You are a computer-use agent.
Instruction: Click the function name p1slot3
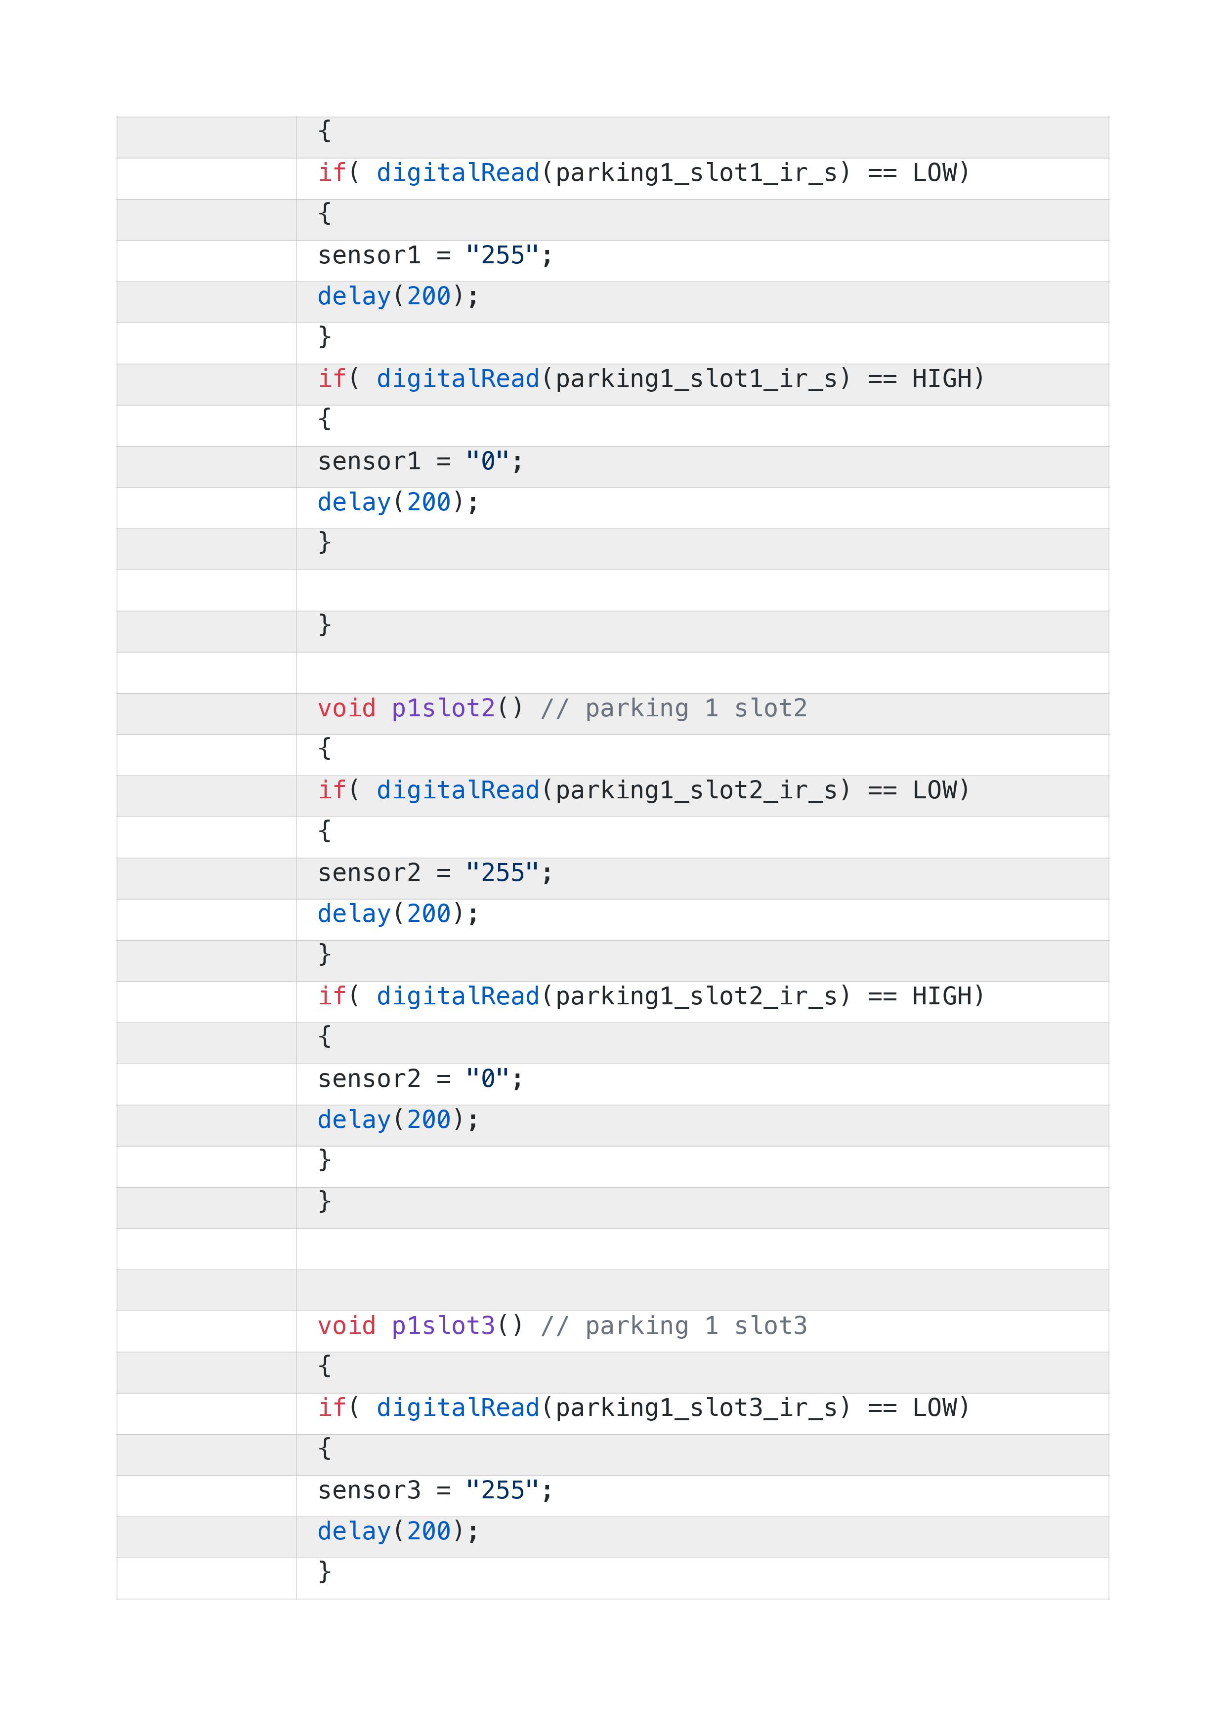tap(443, 1326)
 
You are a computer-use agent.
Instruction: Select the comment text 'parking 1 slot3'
tap(696, 1326)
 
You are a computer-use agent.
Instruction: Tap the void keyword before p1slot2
tap(346, 708)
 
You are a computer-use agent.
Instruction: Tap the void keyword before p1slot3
tap(346, 1325)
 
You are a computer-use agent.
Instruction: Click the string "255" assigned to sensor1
tap(503, 255)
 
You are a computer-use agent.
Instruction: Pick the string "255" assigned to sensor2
tap(503, 872)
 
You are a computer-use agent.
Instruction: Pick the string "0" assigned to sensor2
tap(488, 1078)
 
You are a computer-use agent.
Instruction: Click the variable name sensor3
tap(369, 1491)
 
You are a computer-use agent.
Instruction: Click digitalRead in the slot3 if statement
tap(458, 1408)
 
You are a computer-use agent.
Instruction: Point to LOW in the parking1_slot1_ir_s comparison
tap(934, 173)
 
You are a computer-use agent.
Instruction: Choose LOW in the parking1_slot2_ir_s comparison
tap(934, 790)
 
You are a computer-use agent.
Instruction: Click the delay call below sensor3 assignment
tap(398, 1531)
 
